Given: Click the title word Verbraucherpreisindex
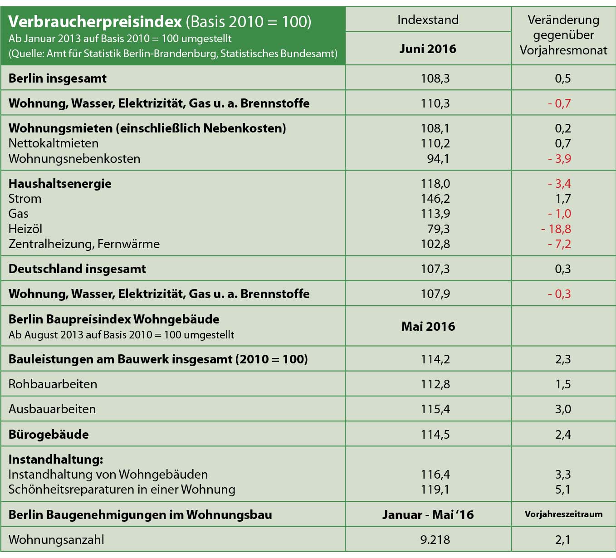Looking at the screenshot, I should click(95, 21).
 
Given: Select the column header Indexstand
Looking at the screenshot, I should click(428, 20).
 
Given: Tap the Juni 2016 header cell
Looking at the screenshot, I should click(428, 49).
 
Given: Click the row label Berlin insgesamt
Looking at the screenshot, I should click(57, 78).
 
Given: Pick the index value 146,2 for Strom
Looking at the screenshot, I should click(435, 199).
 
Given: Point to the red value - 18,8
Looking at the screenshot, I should click(556, 229).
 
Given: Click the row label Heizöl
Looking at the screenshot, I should click(25, 229).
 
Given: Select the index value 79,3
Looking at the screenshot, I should click(438, 229).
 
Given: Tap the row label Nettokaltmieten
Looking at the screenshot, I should click(54, 143).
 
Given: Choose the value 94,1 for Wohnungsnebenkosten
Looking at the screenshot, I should click(438, 159).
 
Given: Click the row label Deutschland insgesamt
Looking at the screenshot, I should click(77, 269).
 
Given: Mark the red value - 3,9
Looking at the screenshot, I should click(559, 159).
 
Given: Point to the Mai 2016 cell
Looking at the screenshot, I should click(428, 327).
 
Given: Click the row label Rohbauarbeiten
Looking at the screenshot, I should click(53, 384).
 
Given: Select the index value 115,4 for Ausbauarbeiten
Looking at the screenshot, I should click(435, 409).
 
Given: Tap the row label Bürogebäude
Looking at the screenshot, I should click(49, 435).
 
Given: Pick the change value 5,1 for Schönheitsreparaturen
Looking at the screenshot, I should click(563, 489).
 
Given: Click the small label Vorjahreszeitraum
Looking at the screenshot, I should click(563, 514).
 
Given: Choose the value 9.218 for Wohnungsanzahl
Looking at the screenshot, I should click(435, 540).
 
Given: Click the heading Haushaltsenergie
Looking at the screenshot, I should click(60, 184).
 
